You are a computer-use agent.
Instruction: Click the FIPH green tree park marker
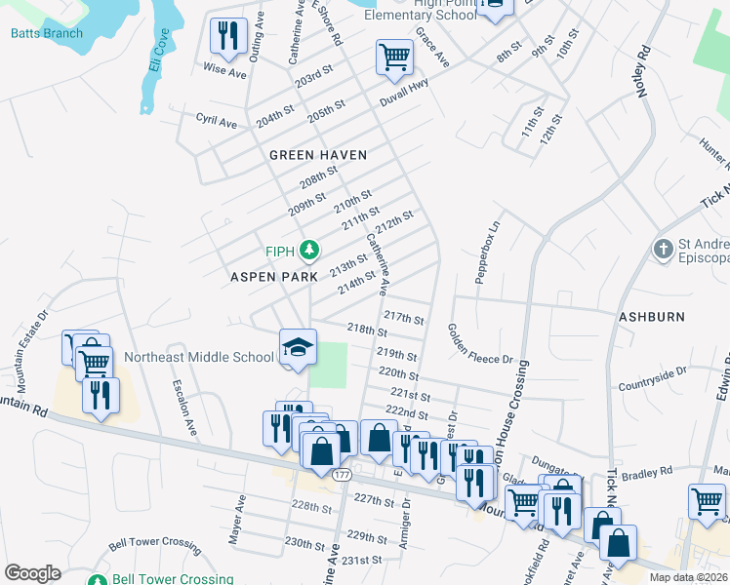pyautogui.click(x=309, y=252)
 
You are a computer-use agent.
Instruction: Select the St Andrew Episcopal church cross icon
pyautogui.click(x=664, y=247)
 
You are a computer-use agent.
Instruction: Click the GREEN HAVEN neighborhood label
pyautogui.click(x=318, y=155)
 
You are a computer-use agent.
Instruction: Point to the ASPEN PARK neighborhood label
pyautogui.click(x=274, y=277)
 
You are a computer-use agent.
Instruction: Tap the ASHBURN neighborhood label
pyautogui.click(x=651, y=317)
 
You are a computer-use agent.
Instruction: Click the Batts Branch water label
pyautogui.click(x=47, y=33)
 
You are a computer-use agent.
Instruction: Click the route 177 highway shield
pyautogui.click(x=341, y=475)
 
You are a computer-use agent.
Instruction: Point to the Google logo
pyautogui.click(x=32, y=573)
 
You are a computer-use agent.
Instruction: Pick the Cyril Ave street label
pyautogui.click(x=216, y=124)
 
